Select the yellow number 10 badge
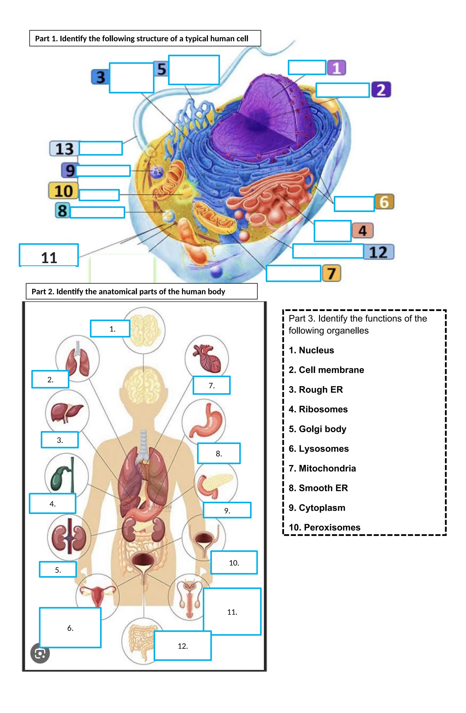[x=63, y=191]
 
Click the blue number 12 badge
[x=378, y=252]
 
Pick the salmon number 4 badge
[x=362, y=231]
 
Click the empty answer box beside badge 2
[x=342, y=90]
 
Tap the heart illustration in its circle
[x=207, y=358]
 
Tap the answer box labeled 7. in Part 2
[x=211, y=385]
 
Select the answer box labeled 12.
[x=183, y=646]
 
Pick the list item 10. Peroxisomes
[x=324, y=527]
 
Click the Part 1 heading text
[x=141, y=39]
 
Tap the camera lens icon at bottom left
[x=40, y=653]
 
